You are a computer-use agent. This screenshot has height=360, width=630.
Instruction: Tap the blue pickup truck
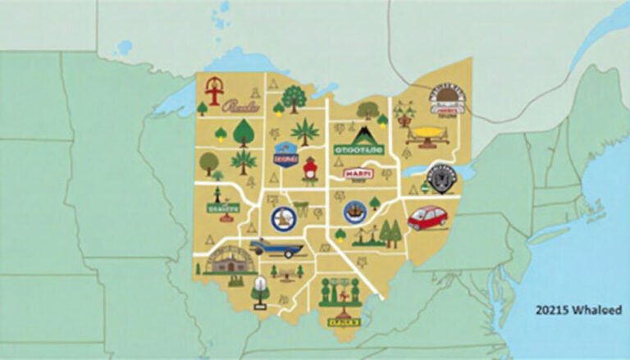pyautogui.click(x=276, y=246)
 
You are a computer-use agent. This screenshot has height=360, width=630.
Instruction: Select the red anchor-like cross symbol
pyautogui.click(x=215, y=91)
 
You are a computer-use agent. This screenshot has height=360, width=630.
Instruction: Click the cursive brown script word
pyautogui.click(x=240, y=107)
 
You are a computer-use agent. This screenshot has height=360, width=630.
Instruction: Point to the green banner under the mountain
pyautogui.click(x=358, y=150)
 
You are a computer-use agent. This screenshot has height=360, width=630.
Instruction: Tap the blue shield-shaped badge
pyautogui.click(x=285, y=154)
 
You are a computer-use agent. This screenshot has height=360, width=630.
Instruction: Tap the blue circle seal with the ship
pyautogui.click(x=355, y=212)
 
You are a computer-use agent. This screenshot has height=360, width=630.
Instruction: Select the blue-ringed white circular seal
pyautogui.click(x=282, y=218)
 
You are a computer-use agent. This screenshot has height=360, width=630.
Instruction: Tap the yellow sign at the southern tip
pyautogui.click(x=345, y=321)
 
